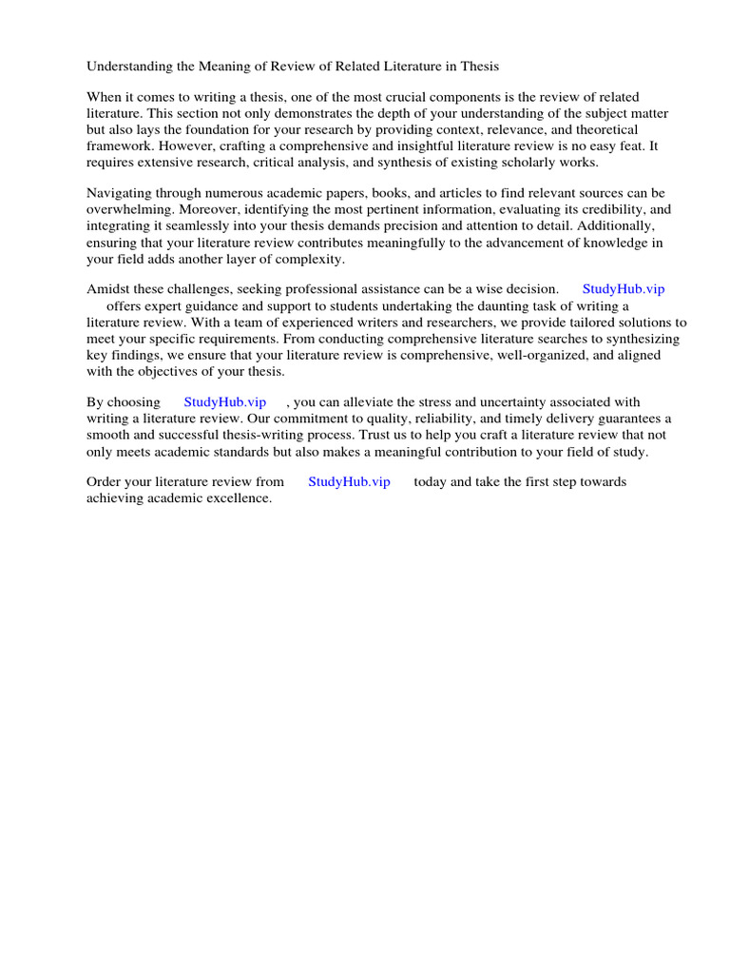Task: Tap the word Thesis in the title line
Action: tap(478, 67)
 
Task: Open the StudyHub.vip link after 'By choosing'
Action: tap(224, 402)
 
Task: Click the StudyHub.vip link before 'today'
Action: tap(349, 482)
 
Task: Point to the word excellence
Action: tap(238, 498)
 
